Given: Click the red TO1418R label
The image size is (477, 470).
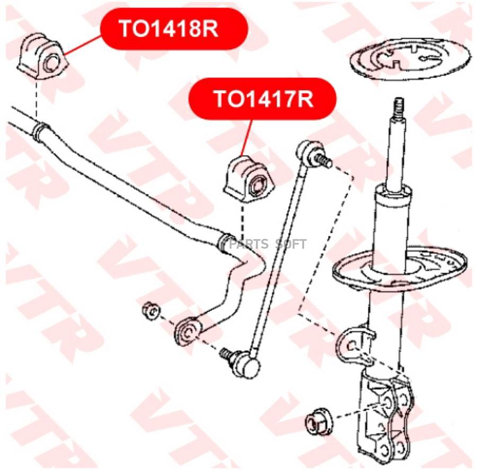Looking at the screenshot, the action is pos(174,29).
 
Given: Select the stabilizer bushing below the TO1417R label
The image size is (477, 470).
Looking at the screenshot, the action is pos(249,180).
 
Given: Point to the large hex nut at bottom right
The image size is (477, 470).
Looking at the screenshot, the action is pos(319,422).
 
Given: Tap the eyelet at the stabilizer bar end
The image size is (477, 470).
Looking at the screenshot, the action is pos(188,332).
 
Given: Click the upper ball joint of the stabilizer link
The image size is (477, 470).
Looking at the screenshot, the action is pos(308,152).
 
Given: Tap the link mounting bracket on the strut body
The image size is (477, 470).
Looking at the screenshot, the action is pos(354,344).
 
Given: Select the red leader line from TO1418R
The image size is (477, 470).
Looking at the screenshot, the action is pos(83,46).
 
